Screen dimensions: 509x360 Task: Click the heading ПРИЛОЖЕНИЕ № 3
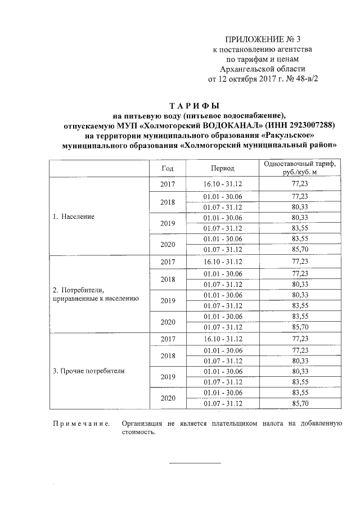(x=263, y=39)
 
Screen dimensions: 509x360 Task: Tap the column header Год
(x=168, y=168)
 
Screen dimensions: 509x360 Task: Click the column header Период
(x=223, y=168)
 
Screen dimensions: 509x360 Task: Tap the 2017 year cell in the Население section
(x=168, y=184)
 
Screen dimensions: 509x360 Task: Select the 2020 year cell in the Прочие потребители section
(x=168, y=398)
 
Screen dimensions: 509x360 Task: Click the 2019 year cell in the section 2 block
(x=168, y=300)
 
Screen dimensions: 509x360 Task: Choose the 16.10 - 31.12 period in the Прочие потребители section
(x=223, y=339)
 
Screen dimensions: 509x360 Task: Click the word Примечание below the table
(x=80, y=423)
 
